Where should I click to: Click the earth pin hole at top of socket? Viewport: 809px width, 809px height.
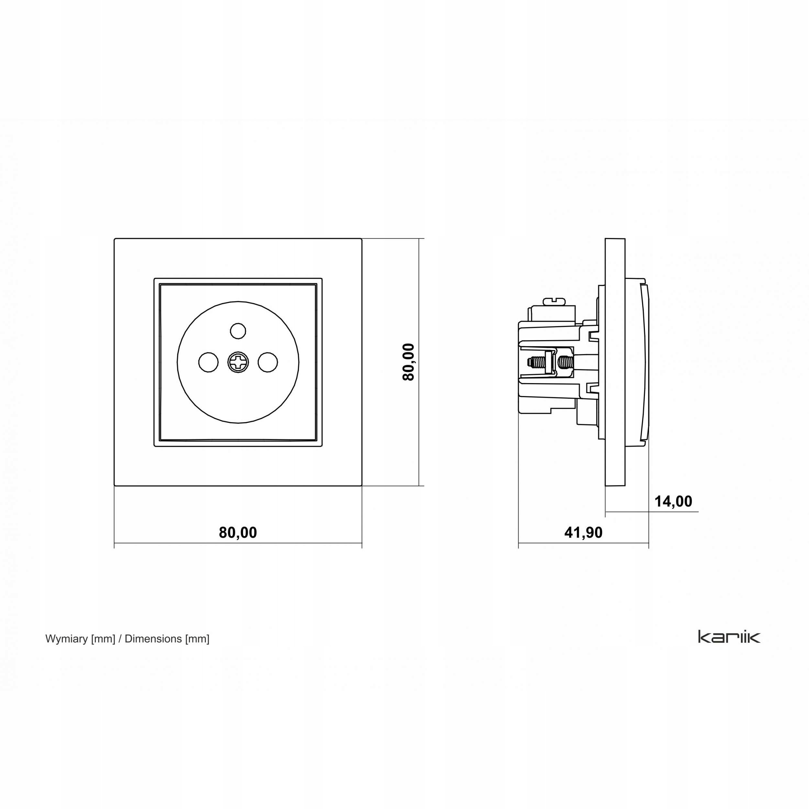(238, 331)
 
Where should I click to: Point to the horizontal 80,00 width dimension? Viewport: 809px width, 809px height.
(238, 533)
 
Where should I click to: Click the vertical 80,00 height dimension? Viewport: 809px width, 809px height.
(408, 362)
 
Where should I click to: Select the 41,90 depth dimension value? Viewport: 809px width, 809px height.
(583, 533)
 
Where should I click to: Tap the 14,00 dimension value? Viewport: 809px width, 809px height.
(673, 501)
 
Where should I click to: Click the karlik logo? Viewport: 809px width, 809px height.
(729, 637)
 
